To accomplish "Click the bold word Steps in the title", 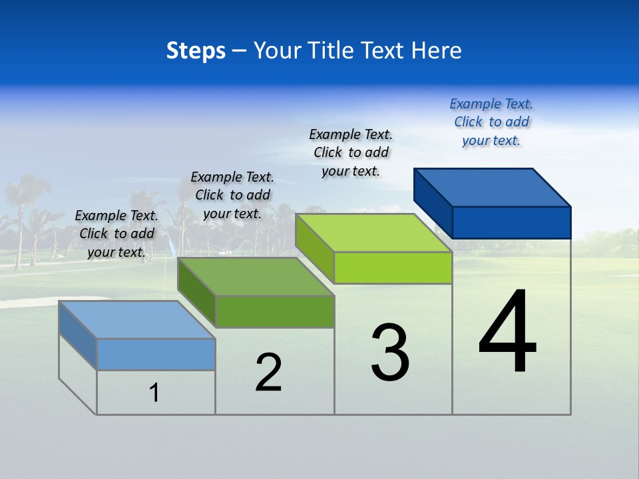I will coord(196,51).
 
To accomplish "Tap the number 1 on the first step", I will coord(154,393).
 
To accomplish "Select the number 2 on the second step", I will coord(268,373).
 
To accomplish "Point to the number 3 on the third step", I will coord(390,353).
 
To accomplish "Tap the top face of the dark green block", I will coord(256,277).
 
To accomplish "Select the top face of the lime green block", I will coord(373,233).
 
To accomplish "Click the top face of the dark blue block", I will coord(493,188).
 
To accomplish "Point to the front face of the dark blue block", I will coord(511,222).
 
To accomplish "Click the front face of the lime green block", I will coord(393,268).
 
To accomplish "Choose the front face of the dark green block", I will coord(274,311).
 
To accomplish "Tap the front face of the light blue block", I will coord(156,354).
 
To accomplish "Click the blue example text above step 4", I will coord(491,122).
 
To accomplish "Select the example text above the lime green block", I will coord(351,152).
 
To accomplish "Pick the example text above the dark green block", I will coord(232,195).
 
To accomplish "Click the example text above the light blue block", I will coord(116,234).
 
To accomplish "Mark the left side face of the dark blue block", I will coord(433,202).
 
